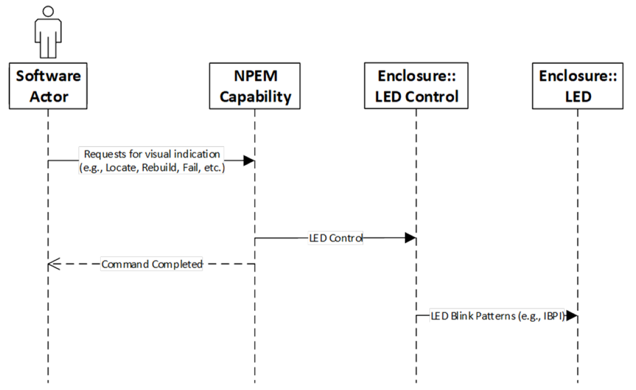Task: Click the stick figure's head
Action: tap(48, 12)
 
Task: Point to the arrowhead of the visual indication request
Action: tap(249, 160)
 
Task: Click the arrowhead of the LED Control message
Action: tap(411, 238)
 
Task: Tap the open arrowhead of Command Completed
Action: tap(53, 264)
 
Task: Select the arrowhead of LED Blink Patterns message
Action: tap(572, 316)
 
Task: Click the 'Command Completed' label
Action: tap(152, 264)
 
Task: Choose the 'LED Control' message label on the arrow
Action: tap(335, 238)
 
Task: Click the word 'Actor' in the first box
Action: tap(48, 96)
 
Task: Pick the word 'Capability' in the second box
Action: tap(255, 96)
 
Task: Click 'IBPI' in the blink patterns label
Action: tap(554, 316)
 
